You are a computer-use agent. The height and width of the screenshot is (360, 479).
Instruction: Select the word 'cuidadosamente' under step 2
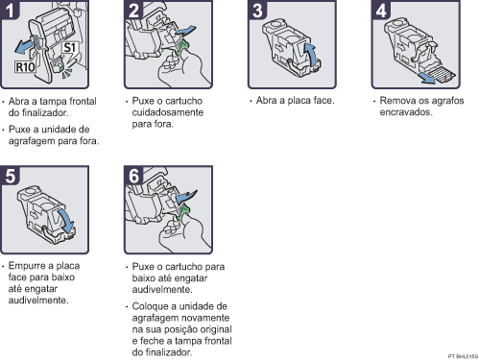click(x=165, y=110)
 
